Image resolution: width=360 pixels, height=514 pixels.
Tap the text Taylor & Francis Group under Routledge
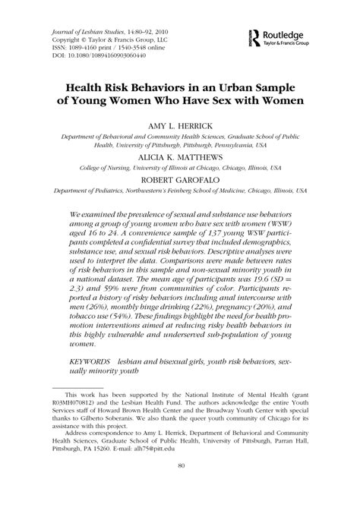tap(292, 44)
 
